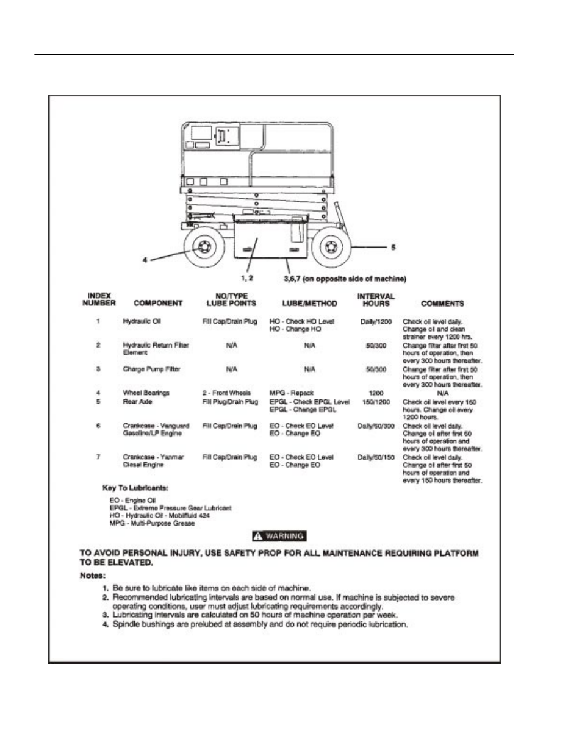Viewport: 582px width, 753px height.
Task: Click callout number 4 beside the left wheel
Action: [145, 260]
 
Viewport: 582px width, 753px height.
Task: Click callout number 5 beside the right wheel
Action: [393, 247]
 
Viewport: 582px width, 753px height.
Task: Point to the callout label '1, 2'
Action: [247, 278]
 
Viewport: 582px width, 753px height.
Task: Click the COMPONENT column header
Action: [158, 303]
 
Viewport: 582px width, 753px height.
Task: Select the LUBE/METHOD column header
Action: [309, 303]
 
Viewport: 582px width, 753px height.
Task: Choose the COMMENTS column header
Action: [442, 303]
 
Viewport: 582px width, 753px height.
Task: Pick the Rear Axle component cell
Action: [137, 402]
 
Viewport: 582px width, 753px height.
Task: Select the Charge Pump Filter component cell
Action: [151, 369]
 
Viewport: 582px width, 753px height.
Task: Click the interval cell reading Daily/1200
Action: [376, 321]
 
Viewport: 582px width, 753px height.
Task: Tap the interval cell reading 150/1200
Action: [376, 402]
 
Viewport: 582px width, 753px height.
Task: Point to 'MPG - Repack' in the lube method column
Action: [292, 393]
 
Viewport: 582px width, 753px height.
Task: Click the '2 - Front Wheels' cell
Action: [226, 393]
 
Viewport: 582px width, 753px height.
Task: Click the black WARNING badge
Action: [279, 536]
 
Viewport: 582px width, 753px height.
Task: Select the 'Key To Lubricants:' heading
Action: [135, 488]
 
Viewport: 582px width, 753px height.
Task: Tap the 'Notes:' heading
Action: [93, 575]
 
